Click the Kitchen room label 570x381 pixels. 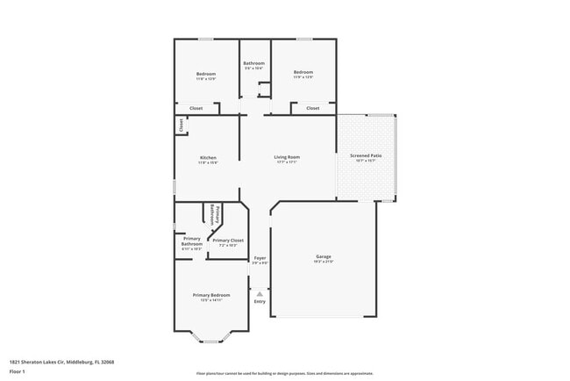[x=207, y=158]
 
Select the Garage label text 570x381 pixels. [x=324, y=256]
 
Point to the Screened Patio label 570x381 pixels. [x=366, y=155]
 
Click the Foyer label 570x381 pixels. [x=260, y=257]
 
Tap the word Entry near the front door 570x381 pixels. [x=260, y=302]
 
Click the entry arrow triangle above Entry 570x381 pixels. [x=260, y=293]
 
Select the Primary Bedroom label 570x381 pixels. [x=211, y=295]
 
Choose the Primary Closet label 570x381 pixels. [x=228, y=240]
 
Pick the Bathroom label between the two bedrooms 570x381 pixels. [x=254, y=63]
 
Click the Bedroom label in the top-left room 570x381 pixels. [x=206, y=74]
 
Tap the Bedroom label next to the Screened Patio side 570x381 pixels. [x=303, y=72]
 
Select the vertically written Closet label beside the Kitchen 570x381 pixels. [x=182, y=126]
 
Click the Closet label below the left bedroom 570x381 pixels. [x=196, y=108]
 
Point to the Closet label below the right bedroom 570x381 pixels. [x=312, y=108]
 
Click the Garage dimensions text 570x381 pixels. [x=324, y=262]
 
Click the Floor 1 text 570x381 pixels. [x=18, y=370]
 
